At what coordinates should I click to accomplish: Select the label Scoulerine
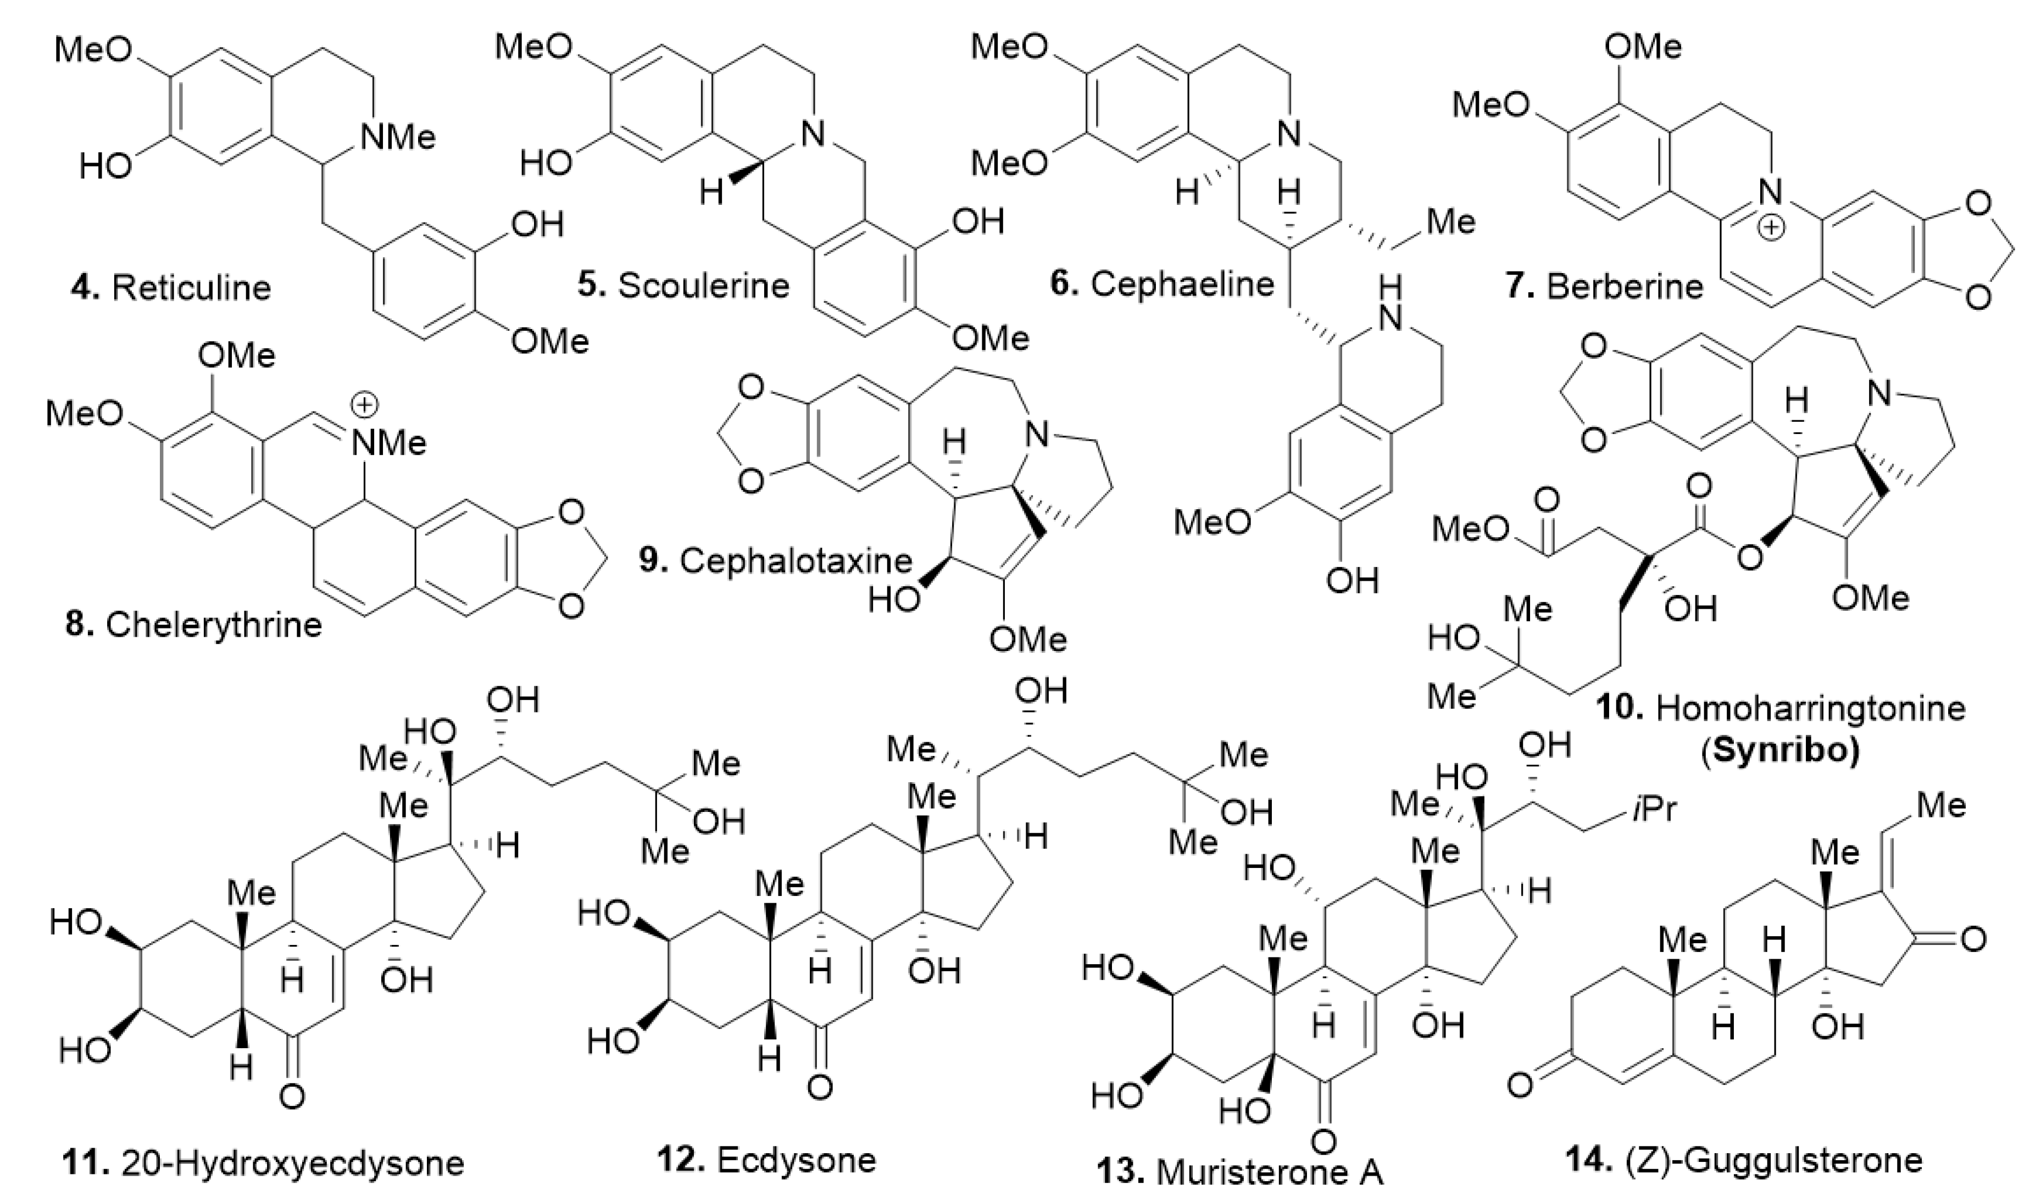[703, 285]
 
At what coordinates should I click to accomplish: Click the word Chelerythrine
[213, 625]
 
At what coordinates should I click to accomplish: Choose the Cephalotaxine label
[796, 560]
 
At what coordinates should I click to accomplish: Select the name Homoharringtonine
[1810, 709]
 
